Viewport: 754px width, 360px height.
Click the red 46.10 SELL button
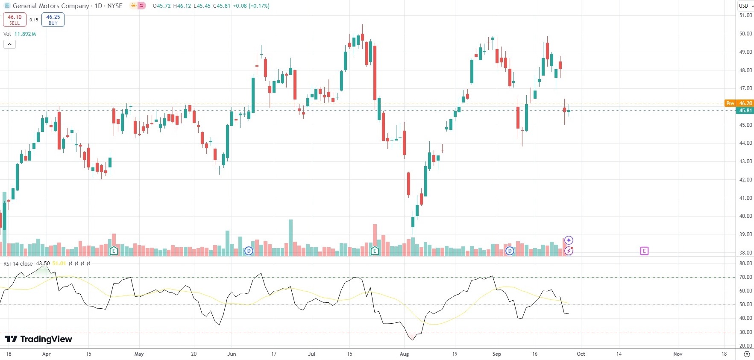[15, 20]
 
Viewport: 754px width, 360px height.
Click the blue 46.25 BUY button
[53, 20]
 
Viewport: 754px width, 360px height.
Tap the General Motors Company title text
[51, 6]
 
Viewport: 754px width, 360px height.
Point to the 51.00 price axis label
[745, 15]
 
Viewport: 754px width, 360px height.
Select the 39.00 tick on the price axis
[745, 234]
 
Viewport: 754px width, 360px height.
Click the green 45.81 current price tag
[745, 111]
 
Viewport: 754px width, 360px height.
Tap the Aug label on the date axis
[404, 354]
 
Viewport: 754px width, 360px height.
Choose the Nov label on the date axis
[678, 354]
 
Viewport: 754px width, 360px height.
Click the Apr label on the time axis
[46, 354]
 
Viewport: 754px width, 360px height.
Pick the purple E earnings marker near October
[644, 251]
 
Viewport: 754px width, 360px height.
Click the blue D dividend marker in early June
[249, 251]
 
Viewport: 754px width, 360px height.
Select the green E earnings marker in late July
[375, 251]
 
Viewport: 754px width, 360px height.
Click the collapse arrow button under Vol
[9, 44]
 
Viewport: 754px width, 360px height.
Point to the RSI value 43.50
[43, 263]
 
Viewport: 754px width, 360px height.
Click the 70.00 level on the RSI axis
[745, 277]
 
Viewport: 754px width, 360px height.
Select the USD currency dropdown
[746, 6]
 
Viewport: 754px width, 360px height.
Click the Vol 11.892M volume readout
[20, 34]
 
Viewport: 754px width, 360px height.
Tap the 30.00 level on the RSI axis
[745, 332]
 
